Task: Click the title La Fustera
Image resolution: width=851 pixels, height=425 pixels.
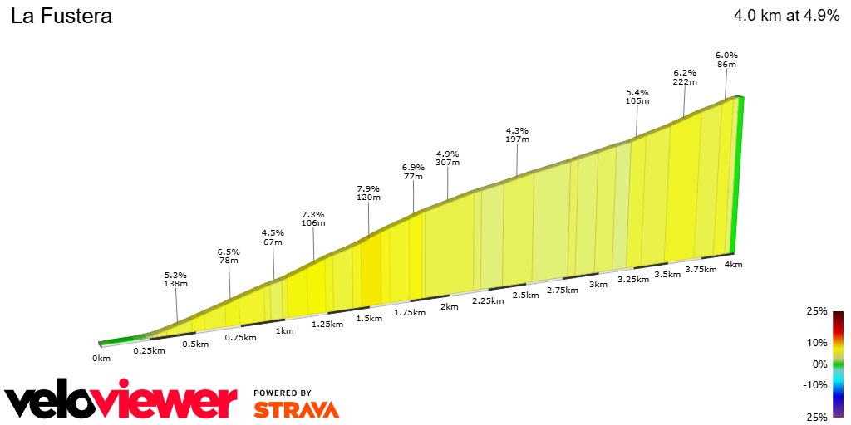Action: coord(61,17)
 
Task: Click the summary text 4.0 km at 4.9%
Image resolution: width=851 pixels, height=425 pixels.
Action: coord(786,17)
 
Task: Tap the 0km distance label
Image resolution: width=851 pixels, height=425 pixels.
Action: coord(101,359)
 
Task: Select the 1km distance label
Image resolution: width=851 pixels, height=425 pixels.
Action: coord(284,331)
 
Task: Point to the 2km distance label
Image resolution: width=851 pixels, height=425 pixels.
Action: coord(450,306)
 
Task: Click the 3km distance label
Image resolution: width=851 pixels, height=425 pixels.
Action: coord(598,285)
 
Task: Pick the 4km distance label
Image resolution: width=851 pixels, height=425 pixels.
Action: coord(733,265)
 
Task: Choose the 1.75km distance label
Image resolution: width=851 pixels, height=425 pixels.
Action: coord(410,313)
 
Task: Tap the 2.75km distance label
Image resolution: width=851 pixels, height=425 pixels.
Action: coord(563,291)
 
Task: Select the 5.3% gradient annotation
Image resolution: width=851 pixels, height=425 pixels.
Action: coord(175,275)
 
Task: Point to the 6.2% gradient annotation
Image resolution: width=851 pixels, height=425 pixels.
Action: coord(685,72)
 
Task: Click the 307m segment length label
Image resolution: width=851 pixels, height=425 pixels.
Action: coord(447,163)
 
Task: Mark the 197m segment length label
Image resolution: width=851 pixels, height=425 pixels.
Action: coord(517,139)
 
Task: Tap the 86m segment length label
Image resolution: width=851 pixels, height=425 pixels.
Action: coord(726,64)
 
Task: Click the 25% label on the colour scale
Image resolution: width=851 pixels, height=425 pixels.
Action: coord(817,311)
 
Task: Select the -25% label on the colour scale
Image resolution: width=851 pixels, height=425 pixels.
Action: coord(815,417)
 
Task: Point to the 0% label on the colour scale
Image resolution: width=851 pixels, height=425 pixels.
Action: coord(819,364)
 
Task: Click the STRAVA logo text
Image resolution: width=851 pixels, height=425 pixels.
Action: coord(296,409)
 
